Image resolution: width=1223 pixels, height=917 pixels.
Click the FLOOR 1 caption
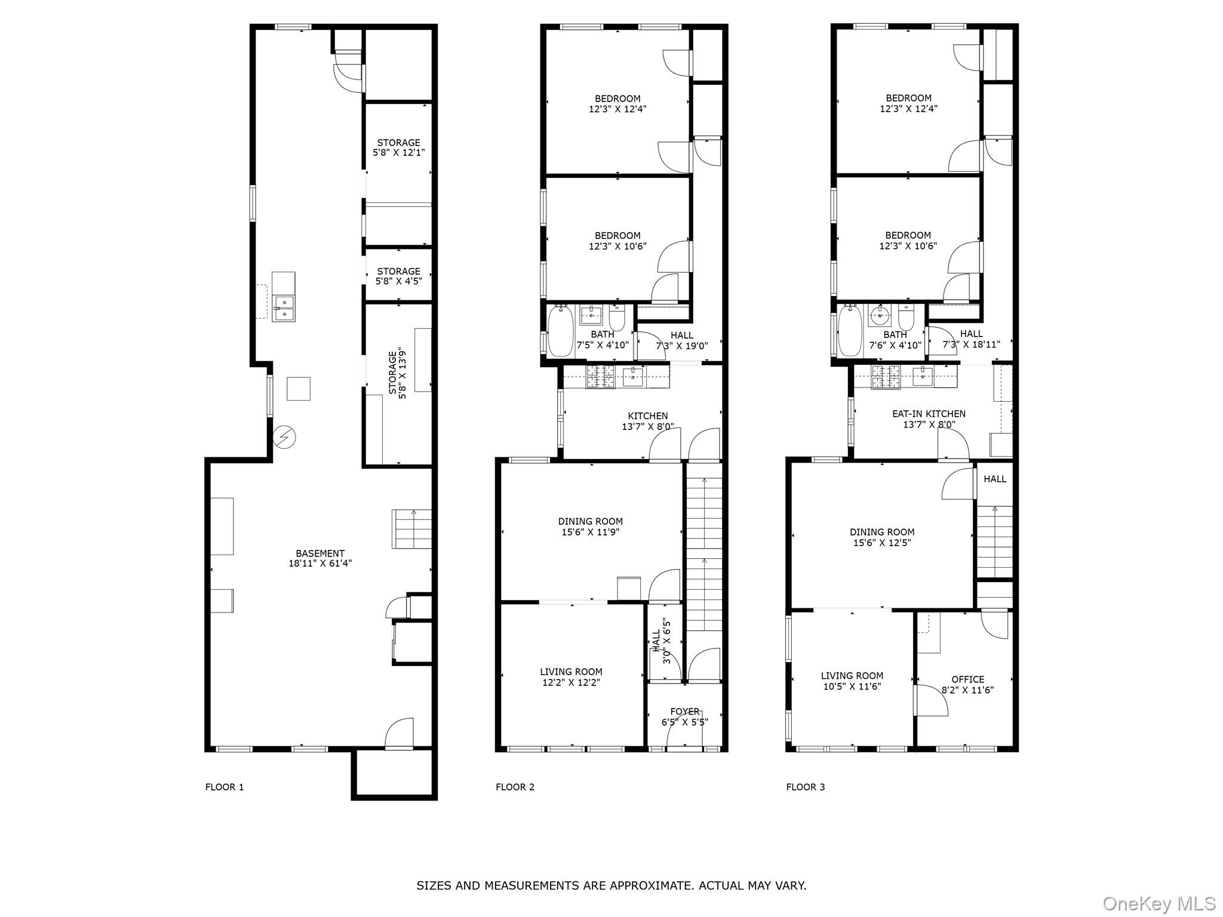pos(225,787)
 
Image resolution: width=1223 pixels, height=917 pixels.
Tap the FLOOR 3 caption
pos(805,787)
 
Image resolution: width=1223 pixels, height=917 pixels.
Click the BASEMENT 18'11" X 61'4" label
pos(320,558)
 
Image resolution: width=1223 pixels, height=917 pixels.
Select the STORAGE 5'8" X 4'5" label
pos(398,276)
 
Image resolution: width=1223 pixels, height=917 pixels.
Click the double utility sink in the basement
pos(284,308)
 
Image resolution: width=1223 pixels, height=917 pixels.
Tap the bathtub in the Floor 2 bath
pos(560,331)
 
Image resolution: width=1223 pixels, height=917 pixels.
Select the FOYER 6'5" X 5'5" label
pos(684,716)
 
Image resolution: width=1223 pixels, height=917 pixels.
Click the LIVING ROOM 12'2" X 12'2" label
pos(571,677)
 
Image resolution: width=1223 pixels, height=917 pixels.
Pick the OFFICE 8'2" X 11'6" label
pos(967,684)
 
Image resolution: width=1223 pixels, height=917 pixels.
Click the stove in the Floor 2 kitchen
pos(600,376)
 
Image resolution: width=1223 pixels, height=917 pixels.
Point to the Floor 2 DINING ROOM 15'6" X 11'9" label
pos(590,527)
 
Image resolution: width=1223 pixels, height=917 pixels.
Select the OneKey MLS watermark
pos(1159,903)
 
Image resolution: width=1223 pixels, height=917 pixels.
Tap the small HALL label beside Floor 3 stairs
pos(995,479)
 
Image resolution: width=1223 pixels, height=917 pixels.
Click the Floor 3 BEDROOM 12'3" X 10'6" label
pos(908,240)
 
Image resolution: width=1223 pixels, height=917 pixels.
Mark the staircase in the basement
pos(411,529)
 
